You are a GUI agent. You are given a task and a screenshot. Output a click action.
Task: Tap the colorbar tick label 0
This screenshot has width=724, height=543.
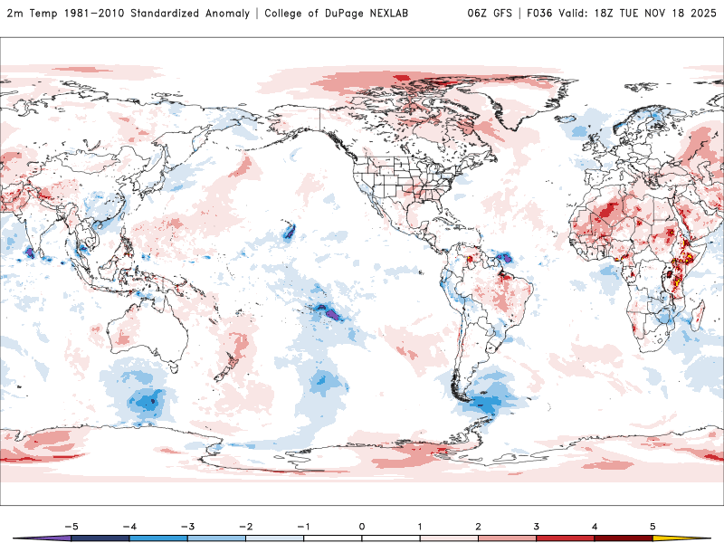tap(362, 525)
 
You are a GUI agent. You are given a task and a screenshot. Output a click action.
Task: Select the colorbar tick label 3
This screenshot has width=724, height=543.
tap(537, 525)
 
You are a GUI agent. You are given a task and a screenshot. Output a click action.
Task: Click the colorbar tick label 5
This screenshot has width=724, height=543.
tap(653, 525)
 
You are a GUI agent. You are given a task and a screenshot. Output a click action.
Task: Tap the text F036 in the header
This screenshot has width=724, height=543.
tap(539, 14)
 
